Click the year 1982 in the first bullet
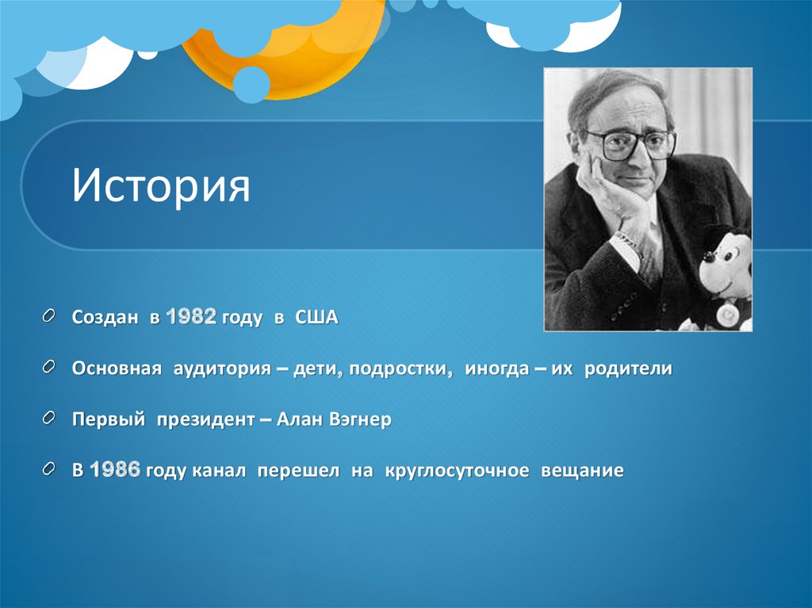click(191, 318)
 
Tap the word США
click(316, 318)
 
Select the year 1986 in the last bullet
click(116, 470)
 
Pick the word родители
click(628, 369)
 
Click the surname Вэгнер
click(356, 419)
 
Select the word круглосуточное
click(457, 470)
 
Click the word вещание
click(582, 470)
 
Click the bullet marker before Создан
click(50, 317)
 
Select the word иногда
click(496, 369)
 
